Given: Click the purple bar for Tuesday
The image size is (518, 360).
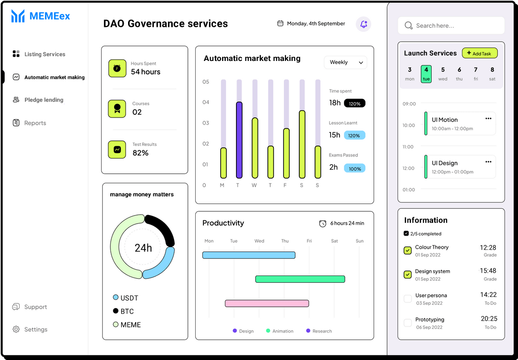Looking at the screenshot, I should click(239, 140).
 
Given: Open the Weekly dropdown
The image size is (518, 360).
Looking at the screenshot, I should click(345, 62).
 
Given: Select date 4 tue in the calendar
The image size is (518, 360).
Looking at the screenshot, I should click(426, 74).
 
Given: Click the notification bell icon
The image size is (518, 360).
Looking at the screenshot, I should click(364, 24).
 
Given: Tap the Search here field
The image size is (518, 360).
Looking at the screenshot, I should click(451, 26).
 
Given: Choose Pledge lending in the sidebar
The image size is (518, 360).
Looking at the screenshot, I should click(44, 100).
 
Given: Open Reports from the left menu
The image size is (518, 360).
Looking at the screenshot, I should click(35, 123).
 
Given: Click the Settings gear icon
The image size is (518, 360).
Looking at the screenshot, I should click(16, 329).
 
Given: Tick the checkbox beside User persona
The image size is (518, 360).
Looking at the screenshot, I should click(408, 299).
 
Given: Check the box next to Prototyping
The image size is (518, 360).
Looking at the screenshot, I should click(408, 323).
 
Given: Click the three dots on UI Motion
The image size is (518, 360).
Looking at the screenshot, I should click(488, 119).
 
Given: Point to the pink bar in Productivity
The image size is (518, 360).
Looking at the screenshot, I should click(267, 303).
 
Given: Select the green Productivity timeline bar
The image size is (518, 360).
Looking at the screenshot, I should click(300, 279).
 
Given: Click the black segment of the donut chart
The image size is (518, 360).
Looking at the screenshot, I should click(162, 229).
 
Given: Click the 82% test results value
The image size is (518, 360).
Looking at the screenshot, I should click(141, 153).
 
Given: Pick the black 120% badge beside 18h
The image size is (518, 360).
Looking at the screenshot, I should click(354, 103).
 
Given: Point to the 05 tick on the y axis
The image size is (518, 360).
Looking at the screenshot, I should click(206, 82).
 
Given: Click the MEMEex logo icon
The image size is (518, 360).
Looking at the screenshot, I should click(18, 16).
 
